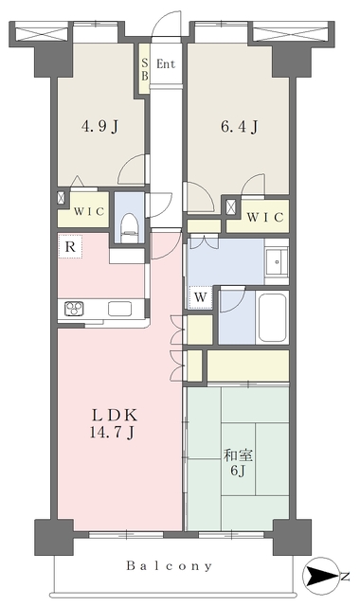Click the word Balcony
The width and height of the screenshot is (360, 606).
[x=171, y=566]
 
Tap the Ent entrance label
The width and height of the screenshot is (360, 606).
[x=167, y=64]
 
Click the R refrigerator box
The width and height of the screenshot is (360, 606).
[x=70, y=246]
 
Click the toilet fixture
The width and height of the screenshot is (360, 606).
[x=131, y=224]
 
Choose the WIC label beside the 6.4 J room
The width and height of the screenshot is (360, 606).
[x=264, y=218]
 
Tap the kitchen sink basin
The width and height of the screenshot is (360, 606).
[x=118, y=308]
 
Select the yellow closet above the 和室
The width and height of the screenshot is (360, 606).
[x=247, y=364]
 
